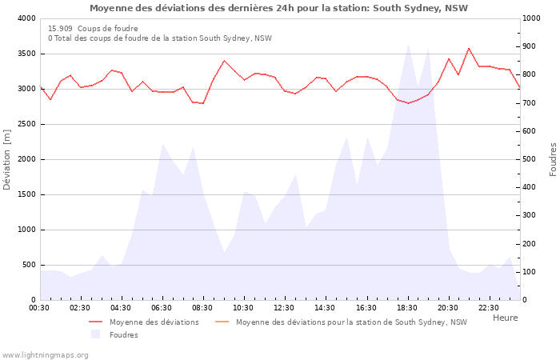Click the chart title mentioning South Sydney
(x=278, y=8)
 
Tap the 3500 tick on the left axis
(x=28, y=54)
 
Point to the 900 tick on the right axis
(x=529, y=46)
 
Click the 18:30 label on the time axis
(x=407, y=308)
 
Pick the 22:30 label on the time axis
(x=489, y=308)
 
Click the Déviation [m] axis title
(x=6, y=159)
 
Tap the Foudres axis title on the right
(x=553, y=159)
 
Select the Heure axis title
(x=506, y=318)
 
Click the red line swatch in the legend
(x=96, y=322)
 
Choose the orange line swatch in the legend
(x=222, y=322)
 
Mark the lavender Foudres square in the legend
(x=95, y=334)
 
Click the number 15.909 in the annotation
(x=60, y=29)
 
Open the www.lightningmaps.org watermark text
(x=45, y=355)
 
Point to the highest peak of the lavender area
(x=408, y=44)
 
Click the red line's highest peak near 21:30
(x=469, y=48)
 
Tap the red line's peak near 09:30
(x=224, y=61)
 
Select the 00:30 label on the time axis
(x=39, y=308)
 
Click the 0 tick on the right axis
(x=525, y=300)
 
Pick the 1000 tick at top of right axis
(x=531, y=18)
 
